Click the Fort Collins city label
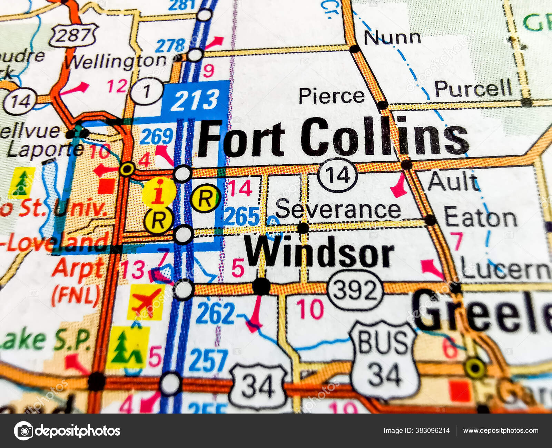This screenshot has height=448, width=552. tap(333, 137)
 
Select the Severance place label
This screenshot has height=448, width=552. tap(338, 210)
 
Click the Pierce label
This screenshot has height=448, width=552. tap(332, 96)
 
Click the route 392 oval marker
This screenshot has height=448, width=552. tap(355, 290)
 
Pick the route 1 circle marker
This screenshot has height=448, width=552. tap(147, 91)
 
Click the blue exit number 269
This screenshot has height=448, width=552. tap(156, 136)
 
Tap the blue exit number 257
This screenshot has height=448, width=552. tap(208, 360)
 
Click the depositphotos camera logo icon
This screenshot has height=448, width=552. tap(23, 431)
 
